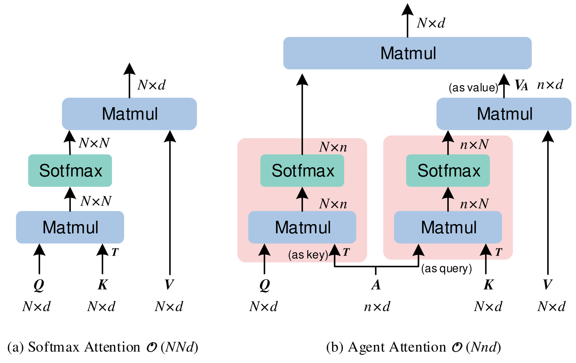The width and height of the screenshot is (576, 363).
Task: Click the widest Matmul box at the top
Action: (407, 53)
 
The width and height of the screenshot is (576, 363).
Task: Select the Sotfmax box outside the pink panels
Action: (70, 170)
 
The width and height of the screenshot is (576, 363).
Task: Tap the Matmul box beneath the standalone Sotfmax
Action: (70, 227)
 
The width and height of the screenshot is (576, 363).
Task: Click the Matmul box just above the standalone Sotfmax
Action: (129, 114)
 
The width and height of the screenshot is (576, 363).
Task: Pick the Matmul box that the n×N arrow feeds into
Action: (504, 114)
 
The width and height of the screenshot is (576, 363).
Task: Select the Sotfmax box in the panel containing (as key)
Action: (302, 170)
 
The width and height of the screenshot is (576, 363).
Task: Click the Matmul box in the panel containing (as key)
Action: (302, 227)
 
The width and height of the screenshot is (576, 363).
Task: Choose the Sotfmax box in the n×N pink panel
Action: (448, 170)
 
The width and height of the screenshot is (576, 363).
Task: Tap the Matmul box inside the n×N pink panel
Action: (448, 227)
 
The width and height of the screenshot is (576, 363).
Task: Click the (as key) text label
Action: (308, 255)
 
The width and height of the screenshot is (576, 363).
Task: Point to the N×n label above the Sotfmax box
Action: (333, 147)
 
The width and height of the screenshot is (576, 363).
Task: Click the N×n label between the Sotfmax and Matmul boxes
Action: (333, 204)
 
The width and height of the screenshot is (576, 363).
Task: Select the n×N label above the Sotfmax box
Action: (474, 144)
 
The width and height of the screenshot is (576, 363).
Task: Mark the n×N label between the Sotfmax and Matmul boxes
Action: (474, 204)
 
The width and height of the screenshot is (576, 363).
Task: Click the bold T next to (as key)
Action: (346, 252)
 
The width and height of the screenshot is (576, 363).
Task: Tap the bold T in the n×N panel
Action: (498, 252)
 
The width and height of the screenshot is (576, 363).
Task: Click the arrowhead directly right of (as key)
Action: (335, 251)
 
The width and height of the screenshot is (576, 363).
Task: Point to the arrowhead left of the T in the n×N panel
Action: (486, 250)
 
